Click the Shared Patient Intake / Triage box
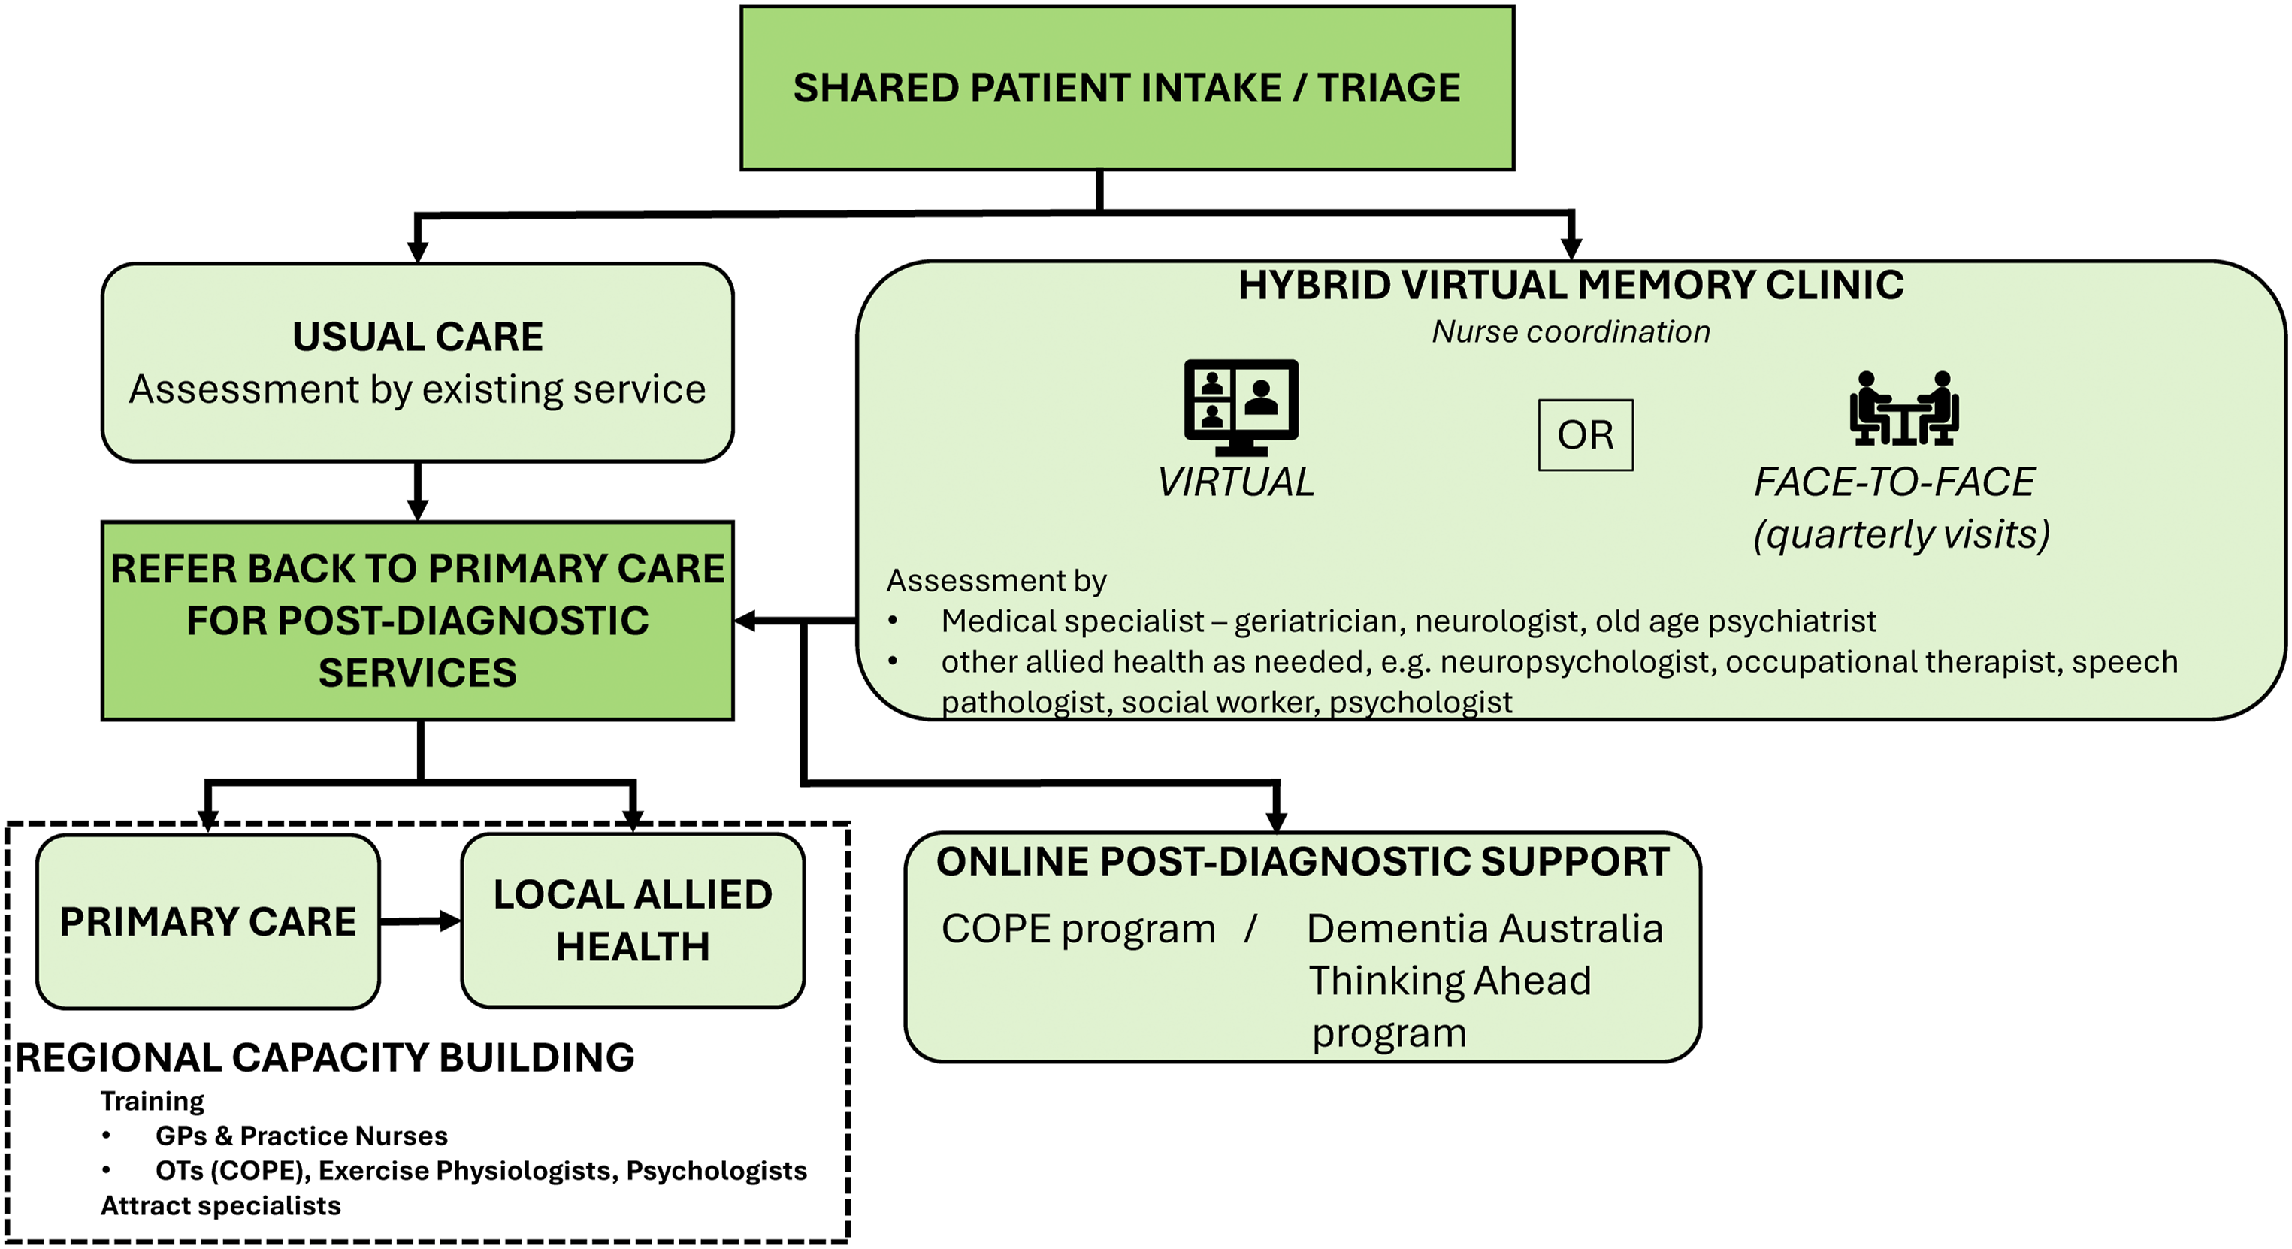[1127, 88]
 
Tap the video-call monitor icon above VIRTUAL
[1241, 407]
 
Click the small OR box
[1586, 435]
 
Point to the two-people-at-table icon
[1904, 408]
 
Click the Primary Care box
[208, 921]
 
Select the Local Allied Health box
[633, 921]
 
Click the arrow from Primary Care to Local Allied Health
[421, 921]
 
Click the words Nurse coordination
[1571, 332]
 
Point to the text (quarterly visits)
[1901, 534]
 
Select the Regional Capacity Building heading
[325, 1057]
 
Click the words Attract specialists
[221, 1205]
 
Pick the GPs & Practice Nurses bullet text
[301, 1136]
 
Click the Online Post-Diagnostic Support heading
[1302, 861]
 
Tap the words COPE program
[1078, 930]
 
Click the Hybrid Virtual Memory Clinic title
[1571, 285]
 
